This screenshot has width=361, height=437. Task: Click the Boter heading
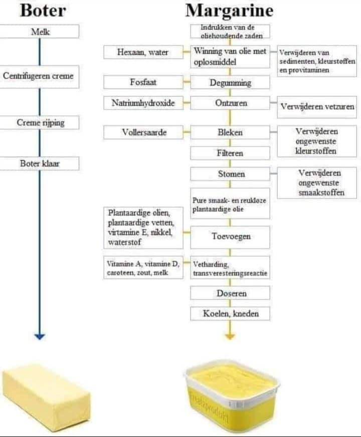point(43,11)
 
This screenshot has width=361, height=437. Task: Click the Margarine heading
point(229,11)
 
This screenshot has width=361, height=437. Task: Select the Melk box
point(40,32)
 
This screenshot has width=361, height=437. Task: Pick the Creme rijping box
point(40,122)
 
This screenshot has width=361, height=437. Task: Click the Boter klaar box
point(40,163)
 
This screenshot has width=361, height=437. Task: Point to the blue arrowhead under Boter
point(40,336)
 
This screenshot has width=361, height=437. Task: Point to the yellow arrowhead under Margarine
point(230,336)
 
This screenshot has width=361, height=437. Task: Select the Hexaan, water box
point(143,52)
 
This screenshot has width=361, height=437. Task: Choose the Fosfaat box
point(143,82)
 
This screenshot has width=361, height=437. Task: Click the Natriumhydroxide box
point(143,103)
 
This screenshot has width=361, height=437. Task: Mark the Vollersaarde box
point(143,132)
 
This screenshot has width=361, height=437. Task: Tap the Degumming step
point(230,82)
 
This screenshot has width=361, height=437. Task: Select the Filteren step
point(230,153)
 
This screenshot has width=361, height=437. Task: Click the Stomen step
point(230,174)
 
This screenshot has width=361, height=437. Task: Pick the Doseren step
point(230,293)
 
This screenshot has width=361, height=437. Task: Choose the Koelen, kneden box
point(230,313)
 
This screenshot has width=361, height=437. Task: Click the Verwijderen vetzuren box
point(317,107)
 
